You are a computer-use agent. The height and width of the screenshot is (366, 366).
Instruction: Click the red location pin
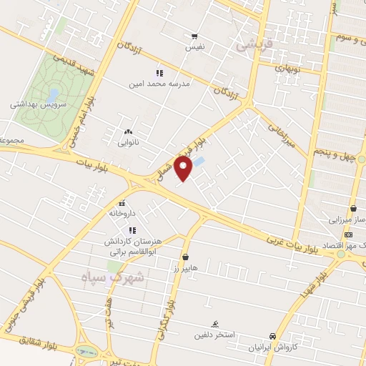[x=184, y=169]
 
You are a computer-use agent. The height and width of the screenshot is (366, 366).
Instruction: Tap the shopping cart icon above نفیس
[x=194, y=36]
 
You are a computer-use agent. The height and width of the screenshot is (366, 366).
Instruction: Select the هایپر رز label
[x=184, y=267]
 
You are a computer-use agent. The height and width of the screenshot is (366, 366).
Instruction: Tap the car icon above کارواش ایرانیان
[x=272, y=336]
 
